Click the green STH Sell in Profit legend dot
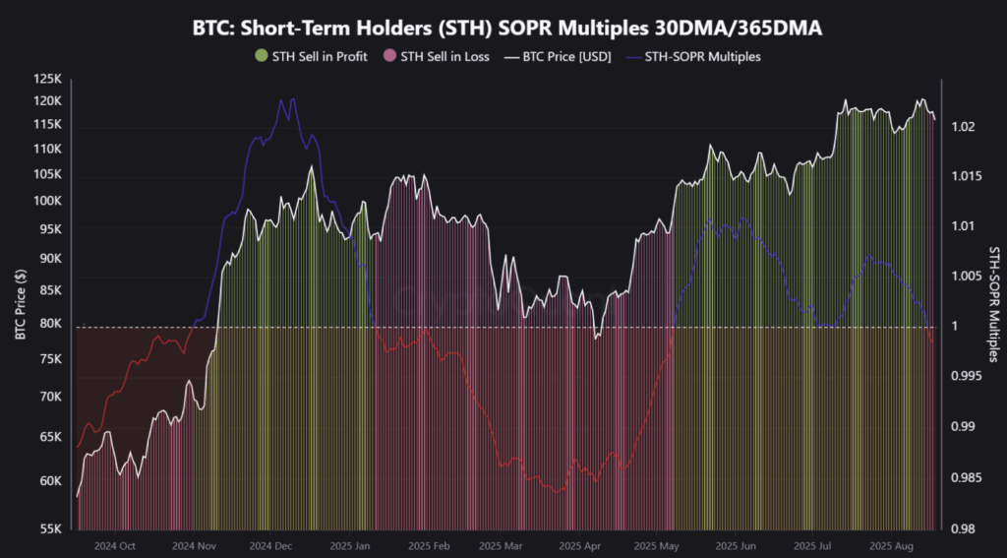261,56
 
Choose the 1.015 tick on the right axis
966,176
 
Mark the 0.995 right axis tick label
966,376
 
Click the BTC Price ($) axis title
20,304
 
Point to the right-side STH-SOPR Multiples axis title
993,304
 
